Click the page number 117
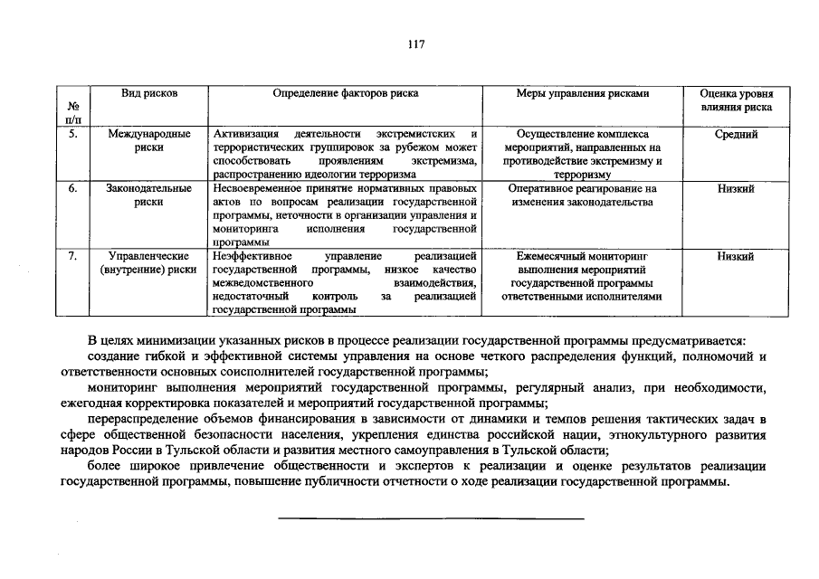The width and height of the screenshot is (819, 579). point(415,44)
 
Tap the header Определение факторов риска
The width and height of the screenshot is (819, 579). point(346,93)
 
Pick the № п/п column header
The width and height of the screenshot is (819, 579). point(73,112)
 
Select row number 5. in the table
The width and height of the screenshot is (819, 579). point(73,134)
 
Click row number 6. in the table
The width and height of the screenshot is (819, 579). point(73,188)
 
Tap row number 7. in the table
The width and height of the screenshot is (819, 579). point(73,256)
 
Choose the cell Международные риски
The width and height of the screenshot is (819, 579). point(149,140)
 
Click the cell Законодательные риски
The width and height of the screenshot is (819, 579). point(149,195)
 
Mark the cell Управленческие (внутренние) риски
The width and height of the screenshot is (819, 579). point(149,262)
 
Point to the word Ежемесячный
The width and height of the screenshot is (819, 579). point(548,256)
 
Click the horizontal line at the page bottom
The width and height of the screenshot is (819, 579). point(430,517)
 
